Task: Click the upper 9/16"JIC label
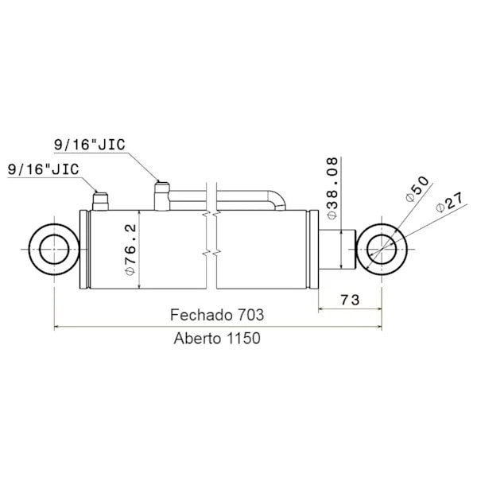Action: [x=89, y=144]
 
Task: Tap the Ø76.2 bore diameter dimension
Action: [x=132, y=250]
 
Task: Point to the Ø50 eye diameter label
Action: [x=416, y=188]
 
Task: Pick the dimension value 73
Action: [x=350, y=300]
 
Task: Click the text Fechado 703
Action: [x=217, y=315]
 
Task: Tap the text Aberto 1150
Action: [x=217, y=337]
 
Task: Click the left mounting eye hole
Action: [x=53, y=249]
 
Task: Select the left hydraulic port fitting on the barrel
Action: [x=100, y=200]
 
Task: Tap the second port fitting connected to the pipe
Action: [x=162, y=196]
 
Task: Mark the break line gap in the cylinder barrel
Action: [x=211, y=250]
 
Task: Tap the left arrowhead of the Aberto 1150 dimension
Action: [x=56, y=326]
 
